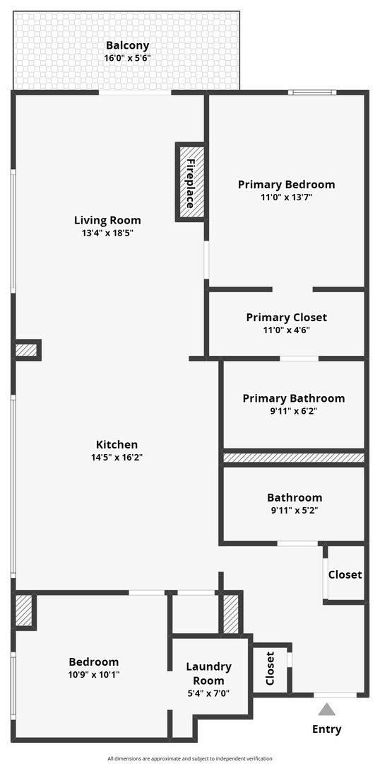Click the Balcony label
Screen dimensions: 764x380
tap(127, 45)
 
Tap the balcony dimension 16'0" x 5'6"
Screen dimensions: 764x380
tap(127, 58)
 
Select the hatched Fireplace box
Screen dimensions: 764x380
tap(191, 183)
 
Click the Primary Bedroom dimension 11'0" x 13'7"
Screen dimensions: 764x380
tap(286, 197)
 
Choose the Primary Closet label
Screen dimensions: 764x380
tap(286, 318)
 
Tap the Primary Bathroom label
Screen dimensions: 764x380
tap(294, 398)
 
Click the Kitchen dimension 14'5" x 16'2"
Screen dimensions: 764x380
tap(117, 457)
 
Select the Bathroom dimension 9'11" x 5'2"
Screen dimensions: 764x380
tap(294, 510)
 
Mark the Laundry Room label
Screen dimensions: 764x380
tap(208, 673)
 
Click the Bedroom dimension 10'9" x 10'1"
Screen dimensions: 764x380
tap(94, 674)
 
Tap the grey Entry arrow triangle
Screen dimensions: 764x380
tap(326, 710)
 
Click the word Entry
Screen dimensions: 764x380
tap(326, 729)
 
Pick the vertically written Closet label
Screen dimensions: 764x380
tap(269, 669)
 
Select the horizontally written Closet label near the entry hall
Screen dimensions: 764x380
tap(345, 574)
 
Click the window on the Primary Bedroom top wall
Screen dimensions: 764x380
tap(311, 92)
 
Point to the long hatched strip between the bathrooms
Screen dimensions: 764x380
tap(294, 458)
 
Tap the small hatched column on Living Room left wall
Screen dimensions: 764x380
tap(27, 349)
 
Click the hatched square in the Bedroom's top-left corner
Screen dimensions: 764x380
tap(24, 610)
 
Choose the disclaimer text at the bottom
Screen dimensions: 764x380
tap(190, 758)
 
